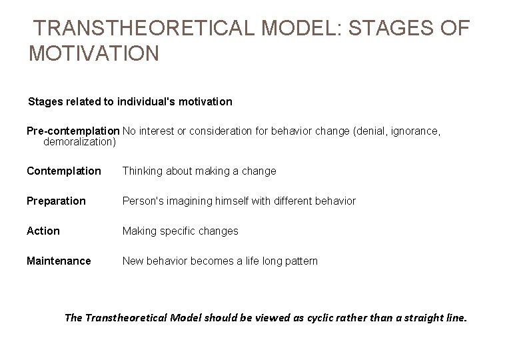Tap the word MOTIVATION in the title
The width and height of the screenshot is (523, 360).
pyautogui.click(x=94, y=53)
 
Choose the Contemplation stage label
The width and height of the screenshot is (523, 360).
pyautogui.click(x=64, y=171)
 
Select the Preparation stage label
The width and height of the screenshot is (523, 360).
pyautogui.click(x=56, y=201)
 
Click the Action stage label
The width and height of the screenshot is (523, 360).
pyautogui.click(x=43, y=231)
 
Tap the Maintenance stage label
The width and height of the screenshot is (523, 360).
pyautogui.click(x=59, y=261)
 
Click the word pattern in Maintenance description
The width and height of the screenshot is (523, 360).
pyautogui.click(x=300, y=261)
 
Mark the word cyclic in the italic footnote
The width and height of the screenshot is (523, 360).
pyautogui.click(x=321, y=318)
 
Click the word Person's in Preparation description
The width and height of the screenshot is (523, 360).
pyautogui.click(x=143, y=201)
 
